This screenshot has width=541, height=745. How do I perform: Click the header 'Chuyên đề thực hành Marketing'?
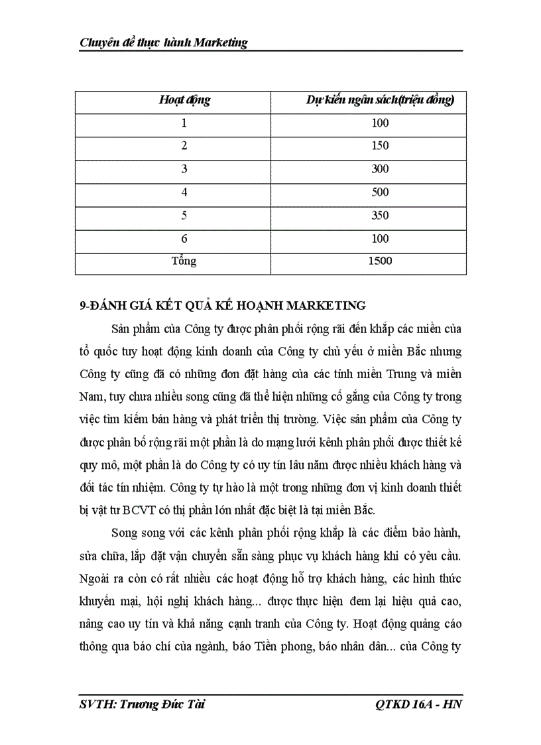click(x=163, y=42)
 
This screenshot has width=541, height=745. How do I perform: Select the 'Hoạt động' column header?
click(x=184, y=100)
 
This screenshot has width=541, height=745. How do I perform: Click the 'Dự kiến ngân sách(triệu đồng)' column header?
click(x=380, y=100)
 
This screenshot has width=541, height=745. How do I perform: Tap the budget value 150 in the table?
click(x=380, y=146)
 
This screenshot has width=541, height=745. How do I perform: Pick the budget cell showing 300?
click(x=380, y=169)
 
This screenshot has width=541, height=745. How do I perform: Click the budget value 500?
click(x=380, y=192)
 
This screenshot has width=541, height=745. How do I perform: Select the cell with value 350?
click(x=380, y=216)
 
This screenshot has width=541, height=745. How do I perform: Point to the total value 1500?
click(x=380, y=261)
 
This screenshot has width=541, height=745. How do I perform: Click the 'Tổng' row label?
click(x=184, y=261)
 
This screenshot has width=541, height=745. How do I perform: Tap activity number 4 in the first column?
click(x=184, y=192)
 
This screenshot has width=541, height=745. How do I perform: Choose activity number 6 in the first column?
click(x=184, y=239)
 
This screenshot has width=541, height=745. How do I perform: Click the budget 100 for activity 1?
click(x=380, y=123)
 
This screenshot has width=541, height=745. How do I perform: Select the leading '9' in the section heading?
click(x=82, y=306)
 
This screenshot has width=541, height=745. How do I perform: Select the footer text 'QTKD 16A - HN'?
click(x=418, y=704)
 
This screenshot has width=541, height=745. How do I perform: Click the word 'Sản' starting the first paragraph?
click(x=123, y=330)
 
